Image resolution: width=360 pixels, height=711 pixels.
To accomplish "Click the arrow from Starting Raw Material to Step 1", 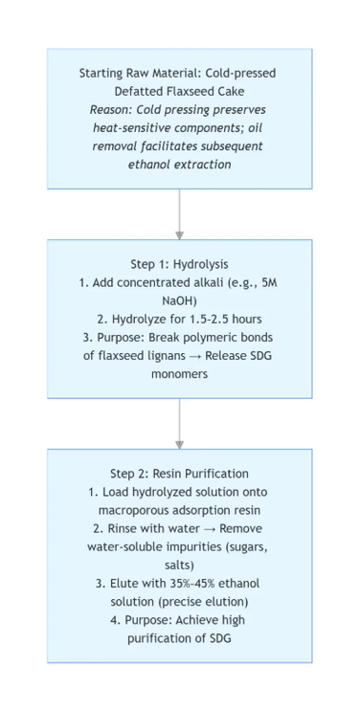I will tap(179, 213).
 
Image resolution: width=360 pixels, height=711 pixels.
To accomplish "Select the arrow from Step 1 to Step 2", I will tap(179, 423).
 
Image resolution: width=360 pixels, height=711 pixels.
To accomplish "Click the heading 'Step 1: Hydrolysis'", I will tap(179, 264).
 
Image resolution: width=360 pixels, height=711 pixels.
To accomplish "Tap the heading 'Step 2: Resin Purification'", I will tap(179, 474).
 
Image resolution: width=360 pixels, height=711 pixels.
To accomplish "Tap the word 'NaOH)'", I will tap(179, 300).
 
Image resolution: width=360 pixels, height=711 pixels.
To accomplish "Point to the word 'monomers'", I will tap(179, 373).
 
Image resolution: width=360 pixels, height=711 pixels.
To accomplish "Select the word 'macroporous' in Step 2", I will tap(137, 510).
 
